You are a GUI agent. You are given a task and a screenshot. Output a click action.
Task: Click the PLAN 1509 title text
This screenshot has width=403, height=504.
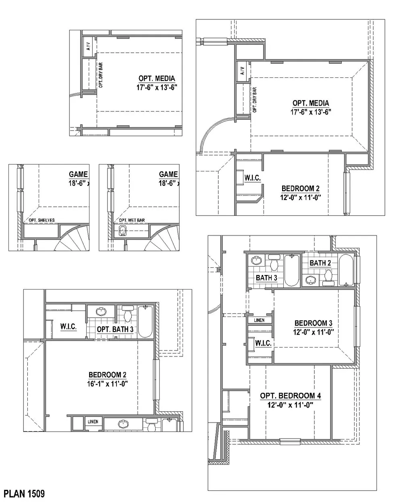[24, 494]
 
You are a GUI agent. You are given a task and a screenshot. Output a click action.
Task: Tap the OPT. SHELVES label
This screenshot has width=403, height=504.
[42, 220]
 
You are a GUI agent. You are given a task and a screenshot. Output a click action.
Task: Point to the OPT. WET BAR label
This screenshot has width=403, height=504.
[132, 220]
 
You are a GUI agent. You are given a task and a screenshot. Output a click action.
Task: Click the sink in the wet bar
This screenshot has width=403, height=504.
[123, 231]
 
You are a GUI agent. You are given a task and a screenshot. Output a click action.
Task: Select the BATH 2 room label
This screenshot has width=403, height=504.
[320, 263]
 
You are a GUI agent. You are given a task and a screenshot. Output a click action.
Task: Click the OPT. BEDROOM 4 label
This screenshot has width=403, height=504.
[291, 396]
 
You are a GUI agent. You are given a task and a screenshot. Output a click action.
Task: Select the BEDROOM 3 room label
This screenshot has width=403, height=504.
[313, 323]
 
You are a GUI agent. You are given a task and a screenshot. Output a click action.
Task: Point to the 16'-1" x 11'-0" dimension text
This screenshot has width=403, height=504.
[108, 384]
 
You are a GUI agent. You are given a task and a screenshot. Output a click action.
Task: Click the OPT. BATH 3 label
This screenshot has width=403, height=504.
[115, 329]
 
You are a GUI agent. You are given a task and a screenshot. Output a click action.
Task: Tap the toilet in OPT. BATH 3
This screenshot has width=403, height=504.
[128, 314]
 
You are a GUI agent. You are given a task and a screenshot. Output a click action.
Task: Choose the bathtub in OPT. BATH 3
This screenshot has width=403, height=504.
[145, 321]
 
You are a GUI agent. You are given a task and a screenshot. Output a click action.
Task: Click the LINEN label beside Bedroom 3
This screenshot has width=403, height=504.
[259, 320]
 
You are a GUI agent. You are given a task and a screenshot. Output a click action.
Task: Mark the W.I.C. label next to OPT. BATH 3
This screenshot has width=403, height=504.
[69, 327]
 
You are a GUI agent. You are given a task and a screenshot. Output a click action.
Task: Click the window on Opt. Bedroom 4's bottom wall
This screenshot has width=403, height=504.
[290, 442]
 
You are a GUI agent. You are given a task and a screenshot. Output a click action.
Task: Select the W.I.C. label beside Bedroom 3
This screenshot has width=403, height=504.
[263, 344]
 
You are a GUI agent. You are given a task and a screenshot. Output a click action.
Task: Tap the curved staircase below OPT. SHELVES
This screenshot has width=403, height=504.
[73, 238]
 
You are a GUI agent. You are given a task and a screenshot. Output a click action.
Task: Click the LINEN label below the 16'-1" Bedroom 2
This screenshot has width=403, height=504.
[93, 422]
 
